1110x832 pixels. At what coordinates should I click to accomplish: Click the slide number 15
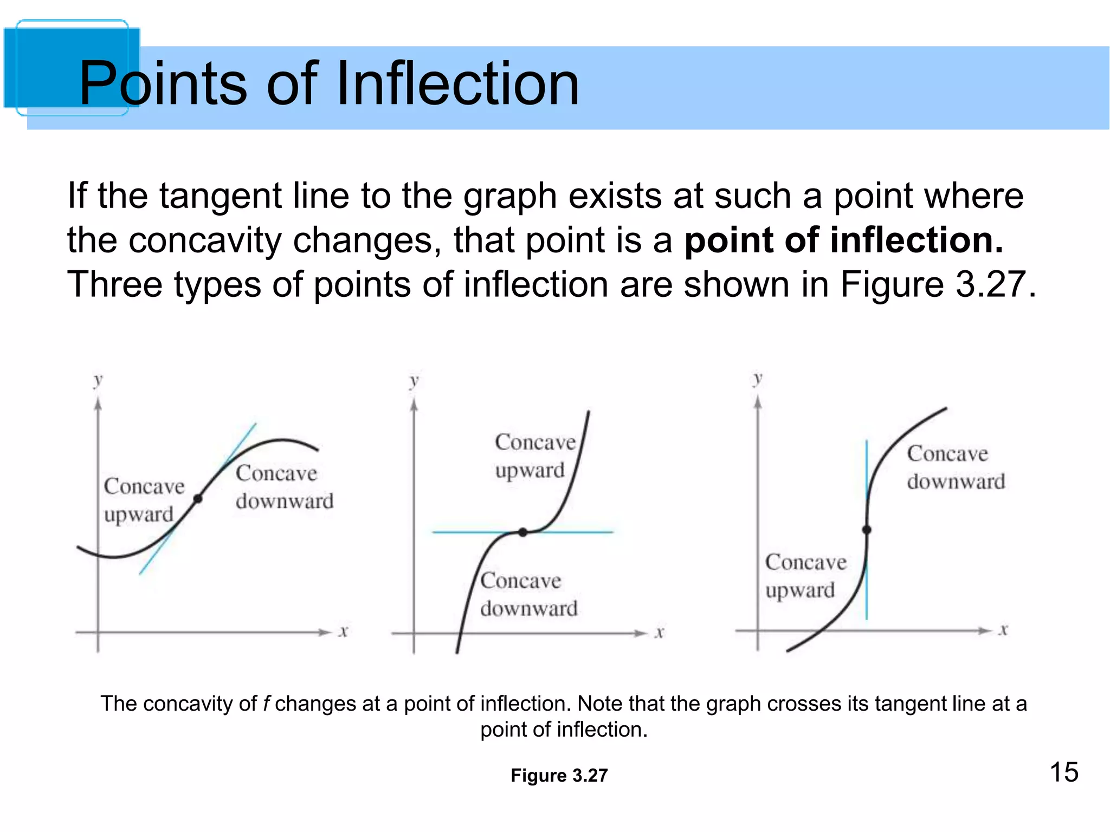coord(1064,772)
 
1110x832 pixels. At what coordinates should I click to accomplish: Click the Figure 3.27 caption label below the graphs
coord(559,776)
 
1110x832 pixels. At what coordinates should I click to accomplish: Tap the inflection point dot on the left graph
coord(198,498)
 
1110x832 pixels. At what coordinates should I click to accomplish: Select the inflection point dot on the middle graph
coord(522,532)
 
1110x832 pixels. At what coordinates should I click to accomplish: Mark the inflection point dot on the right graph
coord(867,530)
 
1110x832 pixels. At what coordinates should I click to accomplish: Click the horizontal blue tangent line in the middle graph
coord(585,532)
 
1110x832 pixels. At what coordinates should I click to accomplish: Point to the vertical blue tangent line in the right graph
coord(867,596)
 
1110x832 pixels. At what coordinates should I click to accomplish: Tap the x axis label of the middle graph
coord(659,632)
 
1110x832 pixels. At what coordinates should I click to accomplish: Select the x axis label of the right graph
coord(1003,629)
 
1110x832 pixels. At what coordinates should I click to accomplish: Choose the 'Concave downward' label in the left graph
coord(284,487)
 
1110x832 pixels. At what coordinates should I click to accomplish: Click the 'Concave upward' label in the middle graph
coord(534,456)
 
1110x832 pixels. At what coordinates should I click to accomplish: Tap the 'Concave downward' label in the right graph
coord(956,467)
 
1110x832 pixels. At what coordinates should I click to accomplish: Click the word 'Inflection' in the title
coord(458,83)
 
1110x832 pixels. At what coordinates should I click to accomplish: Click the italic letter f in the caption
coord(266,704)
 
